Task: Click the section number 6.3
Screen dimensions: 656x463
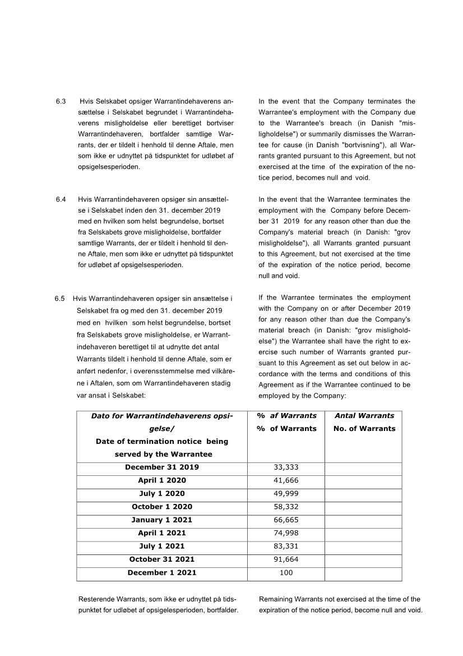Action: pos(61,102)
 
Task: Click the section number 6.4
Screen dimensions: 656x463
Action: pos(61,199)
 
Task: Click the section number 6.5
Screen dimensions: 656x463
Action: pos(60,298)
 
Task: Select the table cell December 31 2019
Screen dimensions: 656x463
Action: pos(162,467)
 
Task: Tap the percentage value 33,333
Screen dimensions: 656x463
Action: pos(286,467)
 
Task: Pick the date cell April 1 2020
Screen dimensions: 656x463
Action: pos(162,480)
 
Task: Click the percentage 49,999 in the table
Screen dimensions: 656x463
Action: pos(286,494)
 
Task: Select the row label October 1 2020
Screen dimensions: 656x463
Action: pos(162,507)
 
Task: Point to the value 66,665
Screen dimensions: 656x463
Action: pos(286,520)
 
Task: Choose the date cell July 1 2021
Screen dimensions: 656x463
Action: pos(162,547)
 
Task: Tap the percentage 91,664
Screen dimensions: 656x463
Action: pos(286,559)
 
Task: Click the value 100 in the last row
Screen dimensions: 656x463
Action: pos(286,573)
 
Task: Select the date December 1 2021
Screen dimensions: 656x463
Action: pos(162,573)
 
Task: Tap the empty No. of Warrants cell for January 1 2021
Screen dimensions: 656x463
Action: pos(363,520)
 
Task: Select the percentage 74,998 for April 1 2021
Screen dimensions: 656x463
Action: pos(286,533)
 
